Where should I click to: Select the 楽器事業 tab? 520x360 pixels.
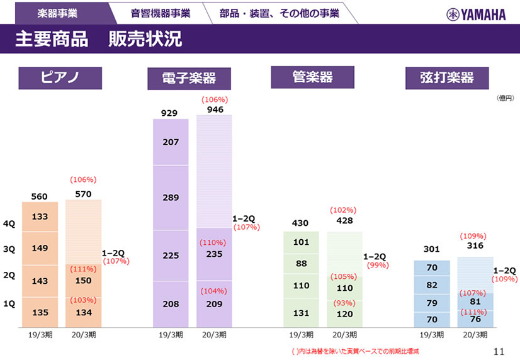coord(58,13)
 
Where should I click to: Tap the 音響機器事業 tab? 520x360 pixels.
coord(161,13)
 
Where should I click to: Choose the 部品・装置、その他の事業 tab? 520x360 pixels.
coord(280,13)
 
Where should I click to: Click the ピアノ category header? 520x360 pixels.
coord(60,77)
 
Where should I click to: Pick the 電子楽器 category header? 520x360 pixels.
coord(189,79)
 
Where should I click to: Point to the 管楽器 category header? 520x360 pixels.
coord(313,77)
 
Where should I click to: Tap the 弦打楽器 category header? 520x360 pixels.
coord(447,78)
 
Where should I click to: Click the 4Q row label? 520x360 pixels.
coord(9,223)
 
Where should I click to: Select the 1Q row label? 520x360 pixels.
coord(9,303)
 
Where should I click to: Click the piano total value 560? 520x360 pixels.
coord(39,196)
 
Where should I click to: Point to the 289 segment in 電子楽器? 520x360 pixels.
coord(171,198)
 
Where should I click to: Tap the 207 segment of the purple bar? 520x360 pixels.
coord(171,142)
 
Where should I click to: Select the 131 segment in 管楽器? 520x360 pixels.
coord(301,313)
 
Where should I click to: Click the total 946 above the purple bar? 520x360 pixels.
coord(215,110)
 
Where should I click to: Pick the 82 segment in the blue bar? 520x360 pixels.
coord(432,285)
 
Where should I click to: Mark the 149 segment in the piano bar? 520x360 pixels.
coord(40,248)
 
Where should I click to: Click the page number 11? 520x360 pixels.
coord(500,351)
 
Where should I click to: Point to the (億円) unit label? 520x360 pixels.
coord(505,98)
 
